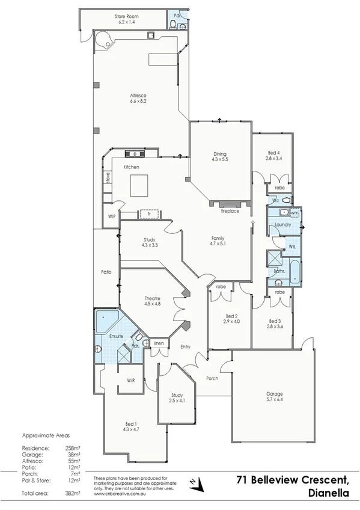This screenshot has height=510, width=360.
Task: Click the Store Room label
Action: click(x=127, y=17)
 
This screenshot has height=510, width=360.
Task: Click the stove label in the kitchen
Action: click(x=108, y=177)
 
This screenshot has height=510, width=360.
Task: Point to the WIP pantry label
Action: click(x=111, y=216)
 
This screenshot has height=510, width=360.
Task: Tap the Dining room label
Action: click(x=219, y=153)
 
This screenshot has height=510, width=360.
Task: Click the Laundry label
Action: click(x=282, y=225)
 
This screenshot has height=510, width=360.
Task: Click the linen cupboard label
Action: click(x=158, y=343)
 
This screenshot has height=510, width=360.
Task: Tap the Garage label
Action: click(x=275, y=395)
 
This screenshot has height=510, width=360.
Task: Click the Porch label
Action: click(x=212, y=378)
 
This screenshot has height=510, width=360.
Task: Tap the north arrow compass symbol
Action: click(x=194, y=482)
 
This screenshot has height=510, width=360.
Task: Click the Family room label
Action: click(x=217, y=239)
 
